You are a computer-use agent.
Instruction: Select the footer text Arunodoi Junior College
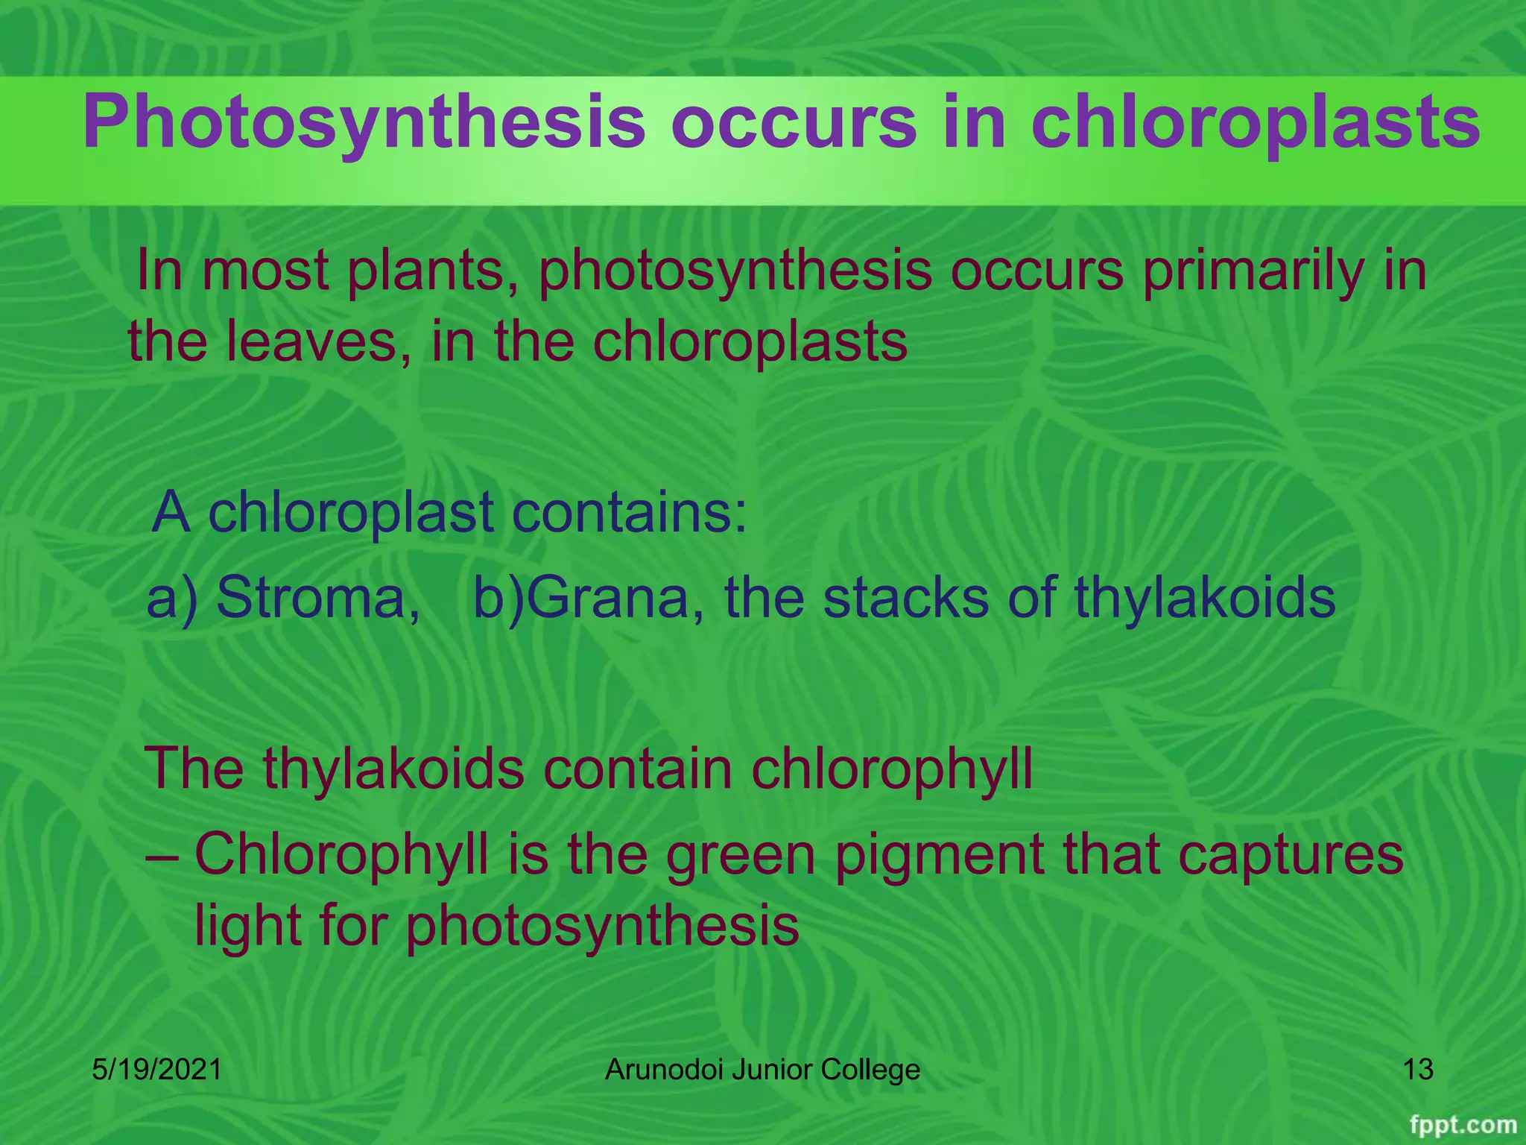pyautogui.click(x=762, y=1070)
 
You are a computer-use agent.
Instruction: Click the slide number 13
pyautogui.click(x=1418, y=1070)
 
